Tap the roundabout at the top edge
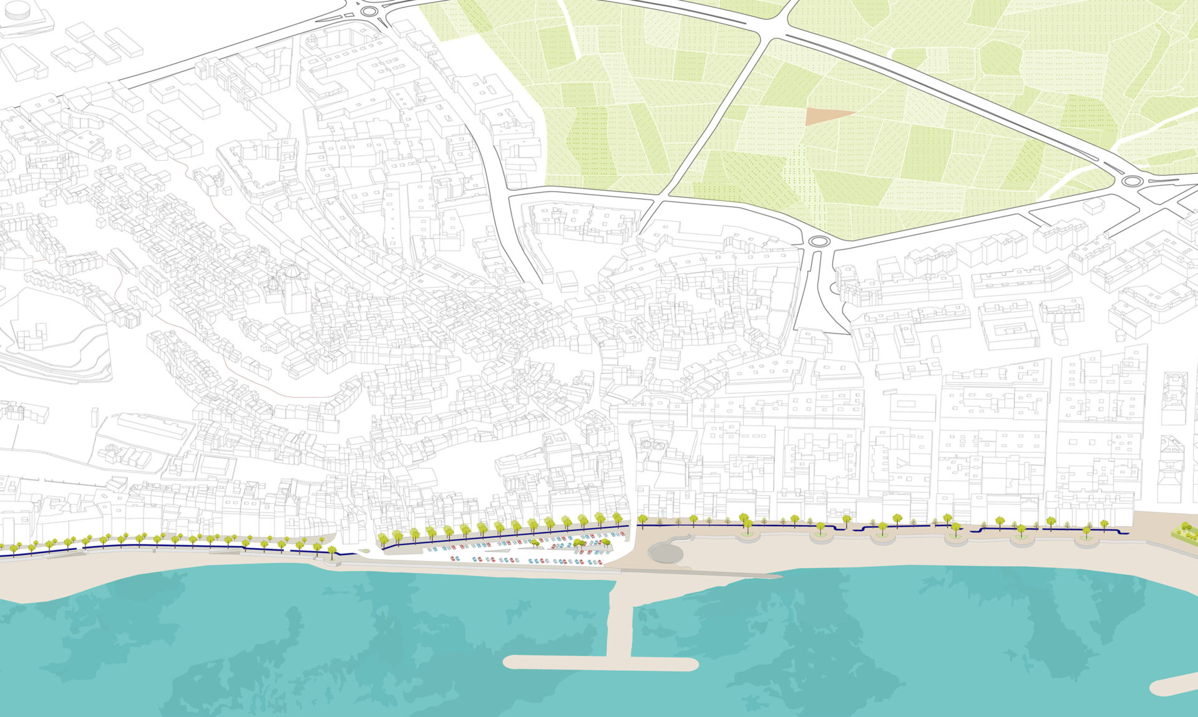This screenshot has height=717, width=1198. (369, 11)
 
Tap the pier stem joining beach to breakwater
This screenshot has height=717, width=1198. (620, 617)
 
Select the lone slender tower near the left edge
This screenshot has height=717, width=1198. (95, 418)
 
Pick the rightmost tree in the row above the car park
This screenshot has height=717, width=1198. (617, 517)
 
